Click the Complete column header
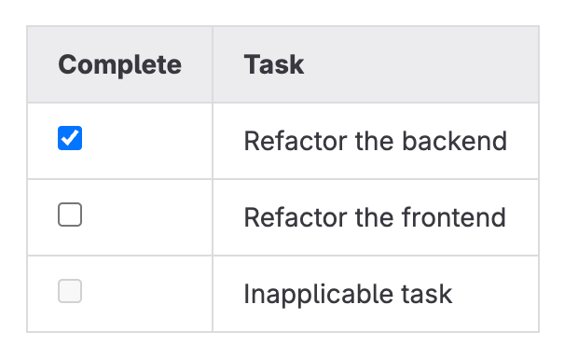coord(119,64)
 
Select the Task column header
coord(273,64)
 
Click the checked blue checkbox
coord(70,139)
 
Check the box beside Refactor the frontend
coord(70,215)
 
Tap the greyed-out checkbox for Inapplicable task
coord(70,292)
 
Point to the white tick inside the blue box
coord(70,139)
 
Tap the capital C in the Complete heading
coord(66,64)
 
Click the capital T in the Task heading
coord(251,64)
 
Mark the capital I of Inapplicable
coord(247,294)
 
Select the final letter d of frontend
coord(499,217)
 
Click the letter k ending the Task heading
coord(297,64)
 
